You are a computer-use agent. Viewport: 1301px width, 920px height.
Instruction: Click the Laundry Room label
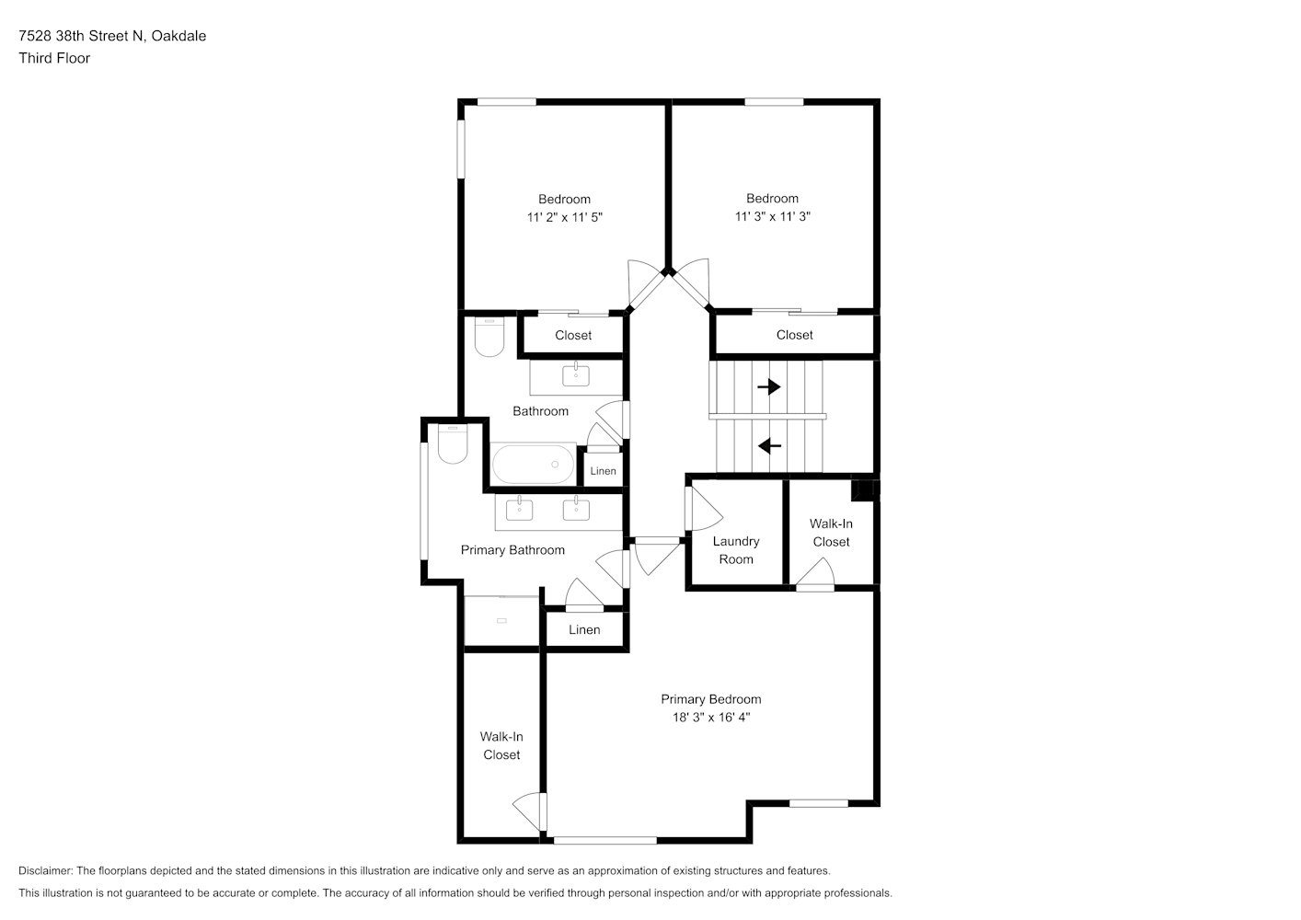736,550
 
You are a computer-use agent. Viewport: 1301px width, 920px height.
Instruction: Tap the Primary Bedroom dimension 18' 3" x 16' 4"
711,718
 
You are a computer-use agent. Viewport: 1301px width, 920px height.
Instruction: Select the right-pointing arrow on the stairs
769,386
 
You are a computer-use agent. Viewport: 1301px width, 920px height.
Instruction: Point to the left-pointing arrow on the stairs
769,446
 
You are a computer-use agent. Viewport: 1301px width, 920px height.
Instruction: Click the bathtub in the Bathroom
533,464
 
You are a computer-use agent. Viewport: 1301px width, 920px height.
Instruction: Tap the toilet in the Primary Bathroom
453,445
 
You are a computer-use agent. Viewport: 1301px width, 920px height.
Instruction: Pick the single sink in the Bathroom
576,375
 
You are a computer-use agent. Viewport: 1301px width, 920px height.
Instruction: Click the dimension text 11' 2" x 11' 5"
565,217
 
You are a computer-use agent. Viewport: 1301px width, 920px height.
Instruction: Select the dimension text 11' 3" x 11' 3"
773,216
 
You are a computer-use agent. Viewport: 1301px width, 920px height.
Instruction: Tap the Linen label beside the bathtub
603,471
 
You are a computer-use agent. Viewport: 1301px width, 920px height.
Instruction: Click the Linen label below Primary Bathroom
584,629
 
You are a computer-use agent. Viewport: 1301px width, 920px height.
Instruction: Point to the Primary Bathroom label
512,550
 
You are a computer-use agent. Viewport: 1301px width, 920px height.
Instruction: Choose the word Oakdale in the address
178,36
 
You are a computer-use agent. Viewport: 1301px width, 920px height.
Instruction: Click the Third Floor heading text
54,58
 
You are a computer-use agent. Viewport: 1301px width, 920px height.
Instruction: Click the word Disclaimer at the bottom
46,870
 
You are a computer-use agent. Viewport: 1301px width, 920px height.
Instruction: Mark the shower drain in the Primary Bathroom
501,621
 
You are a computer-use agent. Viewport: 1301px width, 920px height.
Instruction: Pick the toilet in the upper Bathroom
489,337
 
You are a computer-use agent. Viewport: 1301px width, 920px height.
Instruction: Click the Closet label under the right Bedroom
795,335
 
